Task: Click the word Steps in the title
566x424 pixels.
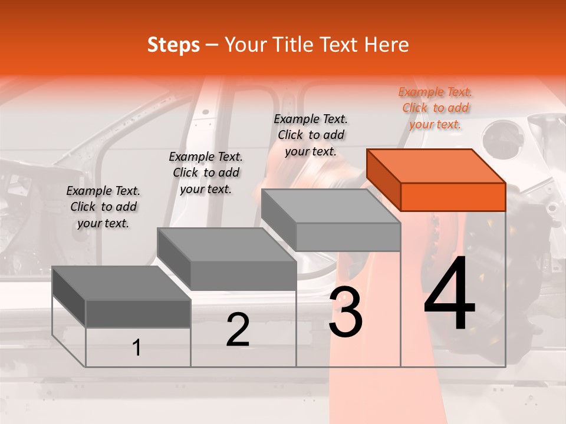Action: click(173, 45)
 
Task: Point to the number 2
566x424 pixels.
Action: click(238, 330)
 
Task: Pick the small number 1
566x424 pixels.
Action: click(137, 348)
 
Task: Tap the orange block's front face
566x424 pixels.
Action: click(453, 197)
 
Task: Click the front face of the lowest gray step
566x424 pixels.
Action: click(138, 313)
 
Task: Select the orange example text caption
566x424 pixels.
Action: click(435, 108)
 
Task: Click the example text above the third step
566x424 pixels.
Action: click(311, 135)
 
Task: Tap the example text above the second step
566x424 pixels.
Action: click(206, 173)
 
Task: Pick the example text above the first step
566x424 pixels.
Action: click(103, 207)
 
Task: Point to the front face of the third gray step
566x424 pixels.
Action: click(348, 237)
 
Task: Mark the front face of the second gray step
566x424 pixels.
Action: click(243, 276)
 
